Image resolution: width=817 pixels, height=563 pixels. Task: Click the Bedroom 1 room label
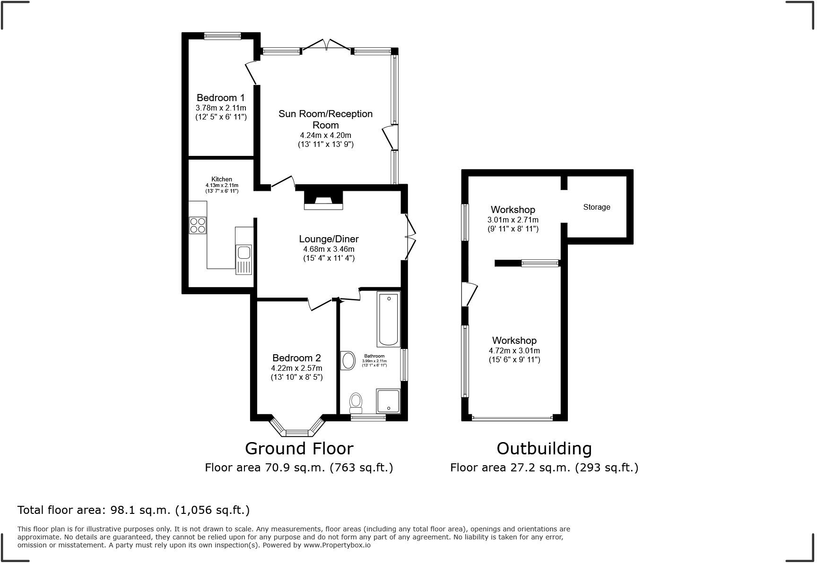point(220,98)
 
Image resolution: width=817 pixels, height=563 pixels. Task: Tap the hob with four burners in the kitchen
point(198,225)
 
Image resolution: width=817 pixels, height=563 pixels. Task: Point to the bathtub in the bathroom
point(389,319)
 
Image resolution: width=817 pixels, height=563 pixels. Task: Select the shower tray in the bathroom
point(388,401)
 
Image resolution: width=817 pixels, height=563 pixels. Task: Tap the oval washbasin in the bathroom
point(348,360)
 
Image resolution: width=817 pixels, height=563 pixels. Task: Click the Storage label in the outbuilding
point(596,207)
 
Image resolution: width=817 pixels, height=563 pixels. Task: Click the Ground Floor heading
point(299,448)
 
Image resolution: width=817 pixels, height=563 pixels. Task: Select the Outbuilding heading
point(544,448)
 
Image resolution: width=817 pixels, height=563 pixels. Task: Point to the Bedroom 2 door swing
point(320,304)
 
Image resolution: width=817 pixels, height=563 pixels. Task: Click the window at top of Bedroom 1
point(222,36)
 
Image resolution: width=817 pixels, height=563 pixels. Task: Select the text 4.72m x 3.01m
point(514,350)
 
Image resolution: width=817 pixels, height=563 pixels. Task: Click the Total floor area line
point(133,510)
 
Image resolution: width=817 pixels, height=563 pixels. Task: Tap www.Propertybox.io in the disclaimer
point(337,545)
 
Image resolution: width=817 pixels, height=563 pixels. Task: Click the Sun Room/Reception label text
point(325,114)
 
